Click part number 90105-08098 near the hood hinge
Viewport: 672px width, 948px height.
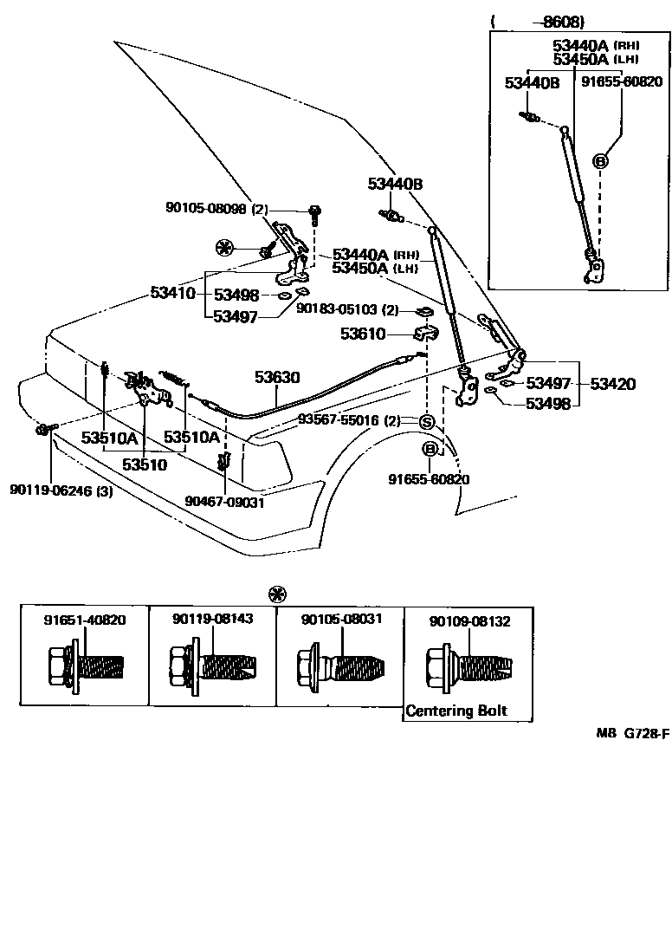(x=206, y=209)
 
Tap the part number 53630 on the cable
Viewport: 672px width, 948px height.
(x=276, y=377)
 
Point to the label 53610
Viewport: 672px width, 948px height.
(x=362, y=333)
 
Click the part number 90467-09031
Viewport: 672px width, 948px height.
(x=224, y=501)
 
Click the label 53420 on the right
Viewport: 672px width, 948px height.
(x=613, y=384)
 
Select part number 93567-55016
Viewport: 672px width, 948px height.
(x=339, y=420)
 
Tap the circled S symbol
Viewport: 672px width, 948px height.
(x=426, y=422)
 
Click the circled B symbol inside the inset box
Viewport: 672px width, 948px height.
(x=599, y=160)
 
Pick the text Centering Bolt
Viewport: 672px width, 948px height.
(x=457, y=711)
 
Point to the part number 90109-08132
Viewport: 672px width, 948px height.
(x=469, y=620)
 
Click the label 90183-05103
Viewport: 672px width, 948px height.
(x=337, y=308)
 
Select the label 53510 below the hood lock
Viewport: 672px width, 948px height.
(x=145, y=464)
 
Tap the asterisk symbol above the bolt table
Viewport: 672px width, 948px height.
(x=277, y=594)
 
